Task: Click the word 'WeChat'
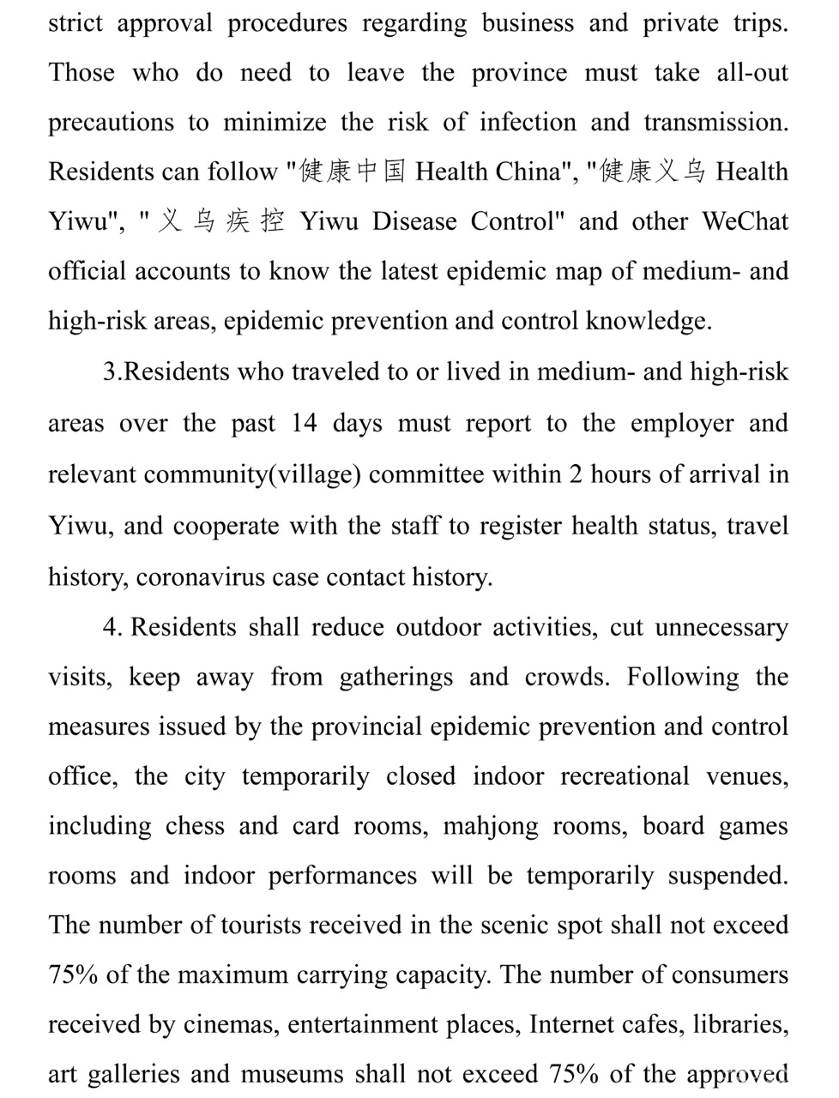click(x=745, y=221)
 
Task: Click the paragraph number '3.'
click(x=112, y=372)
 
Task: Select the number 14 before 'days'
click(x=303, y=424)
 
